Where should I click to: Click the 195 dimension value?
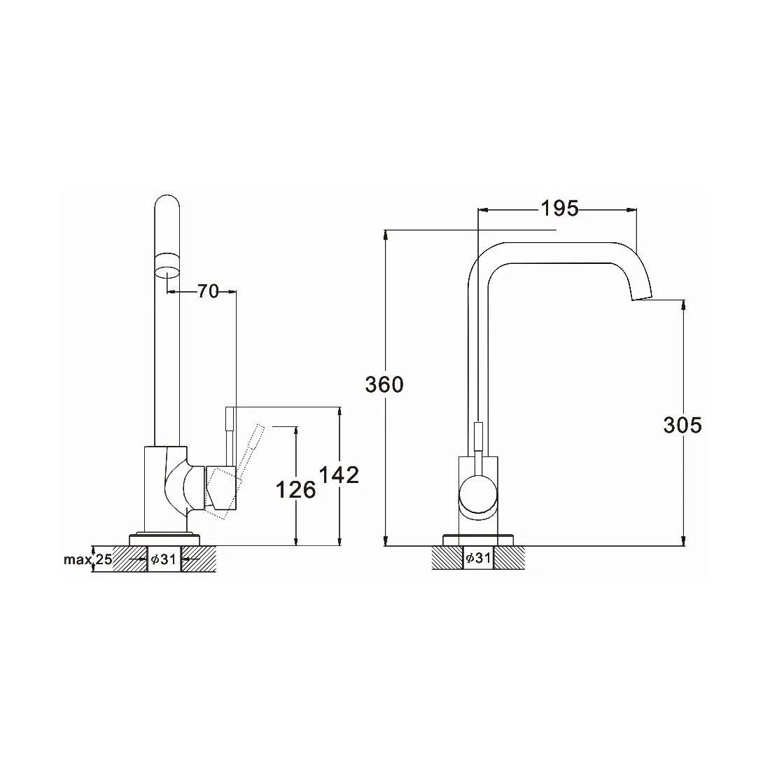[559, 209]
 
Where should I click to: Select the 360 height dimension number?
[384, 384]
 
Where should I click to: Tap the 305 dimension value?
[682, 426]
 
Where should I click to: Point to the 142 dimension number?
[339, 475]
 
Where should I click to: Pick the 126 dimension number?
[295, 489]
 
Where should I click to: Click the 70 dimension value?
[208, 291]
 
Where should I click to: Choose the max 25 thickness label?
[88, 559]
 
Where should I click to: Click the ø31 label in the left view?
[164, 559]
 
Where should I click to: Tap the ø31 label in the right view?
[478, 558]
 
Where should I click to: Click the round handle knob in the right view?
[478, 494]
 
